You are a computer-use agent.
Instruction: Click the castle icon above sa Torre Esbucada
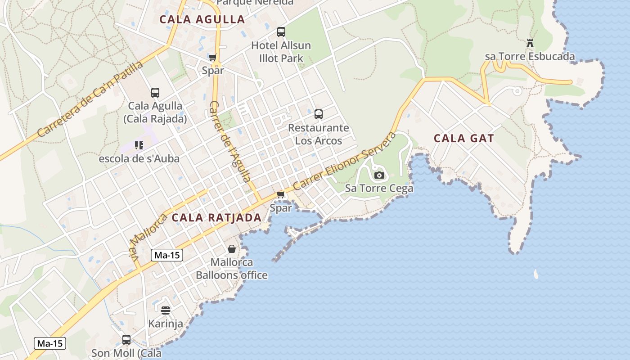(x=530, y=43)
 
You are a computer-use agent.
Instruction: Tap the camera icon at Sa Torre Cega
(x=379, y=175)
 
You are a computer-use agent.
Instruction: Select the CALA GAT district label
(x=463, y=139)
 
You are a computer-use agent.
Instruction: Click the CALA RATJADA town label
(x=216, y=218)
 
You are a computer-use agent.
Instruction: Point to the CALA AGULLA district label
(x=202, y=19)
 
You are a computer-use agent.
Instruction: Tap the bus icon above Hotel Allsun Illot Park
(x=281, y=32)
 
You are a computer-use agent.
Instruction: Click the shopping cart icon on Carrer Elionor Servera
(x=281, y=194)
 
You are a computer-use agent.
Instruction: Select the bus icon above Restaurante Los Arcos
(x=319, y=114)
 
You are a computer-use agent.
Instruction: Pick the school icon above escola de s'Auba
(x=139, y=145)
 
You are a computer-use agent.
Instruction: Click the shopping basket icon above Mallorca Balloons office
(x=232, y=249)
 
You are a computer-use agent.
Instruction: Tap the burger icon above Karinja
(x=166, y=310)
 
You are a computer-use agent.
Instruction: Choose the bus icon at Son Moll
(x=126, y=339)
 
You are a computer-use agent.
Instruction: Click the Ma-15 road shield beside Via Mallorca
(x=166, y=255)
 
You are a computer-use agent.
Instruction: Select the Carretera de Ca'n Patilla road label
(x=90, y=99)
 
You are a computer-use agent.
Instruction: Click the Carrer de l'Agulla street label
(x=229, y=141)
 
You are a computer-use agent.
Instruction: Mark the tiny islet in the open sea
(x=535, y=274)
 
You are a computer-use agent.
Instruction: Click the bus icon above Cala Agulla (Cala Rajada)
(x=155, y=93)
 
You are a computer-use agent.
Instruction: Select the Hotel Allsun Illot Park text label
(x=281, y=52)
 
